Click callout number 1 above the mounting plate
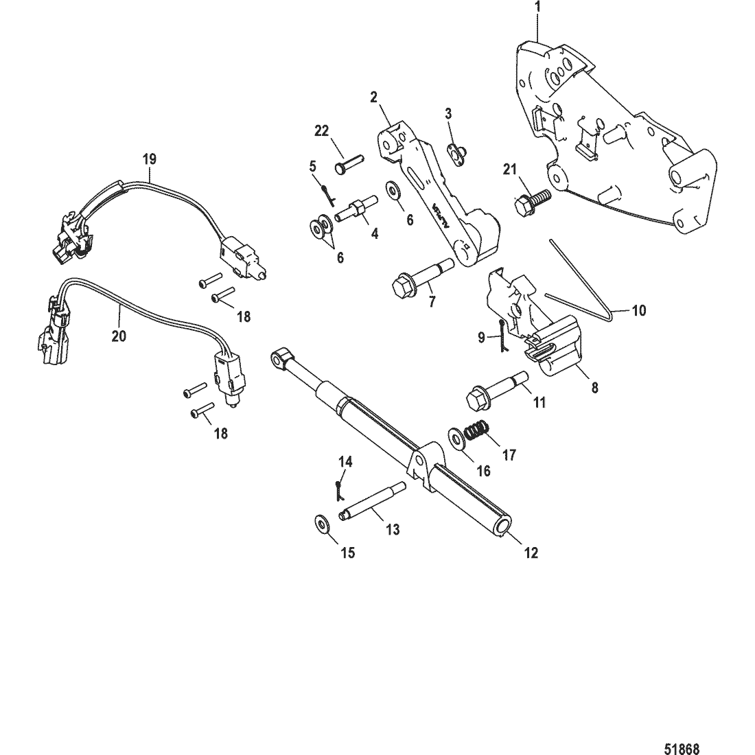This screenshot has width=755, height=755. pyautogui.click(x=538, y=8)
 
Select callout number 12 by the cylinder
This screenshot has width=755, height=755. pyautogui.click(x=531, y=553)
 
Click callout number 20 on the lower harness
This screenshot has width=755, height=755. pyautogui.click(x=119, y=336)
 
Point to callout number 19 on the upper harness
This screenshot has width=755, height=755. pyautogui.click(x=149, y=159)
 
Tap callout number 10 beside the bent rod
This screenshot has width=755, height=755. pyautogui.click(x=638, y=310)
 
